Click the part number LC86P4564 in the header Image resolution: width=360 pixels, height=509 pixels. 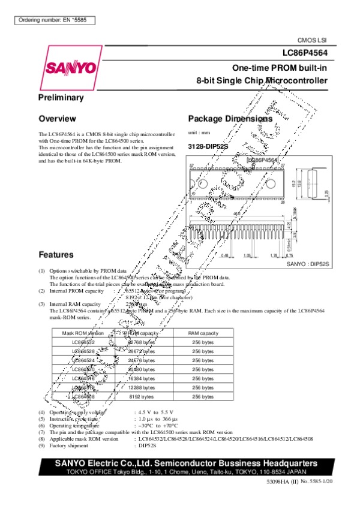click(x=305, y=52)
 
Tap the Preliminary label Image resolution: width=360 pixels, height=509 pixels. click(x=61, y=97)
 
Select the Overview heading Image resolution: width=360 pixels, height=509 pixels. click(x=57, y=118)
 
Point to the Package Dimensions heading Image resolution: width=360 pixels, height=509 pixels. click(x=230, y=119)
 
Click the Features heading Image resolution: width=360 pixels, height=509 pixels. click(x=56, y=254)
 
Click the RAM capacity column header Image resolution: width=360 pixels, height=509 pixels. click(x=200, y=333)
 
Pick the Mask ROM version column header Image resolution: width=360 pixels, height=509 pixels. click(x=84, y=333)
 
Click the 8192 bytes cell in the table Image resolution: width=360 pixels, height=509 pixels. click(x=142, y=396)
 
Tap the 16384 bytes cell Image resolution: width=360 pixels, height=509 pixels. click(x=141, y=378)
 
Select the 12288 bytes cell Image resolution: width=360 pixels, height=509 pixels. click(x=141, y=387)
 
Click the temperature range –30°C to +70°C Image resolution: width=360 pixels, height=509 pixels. click(x=156, y=425)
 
